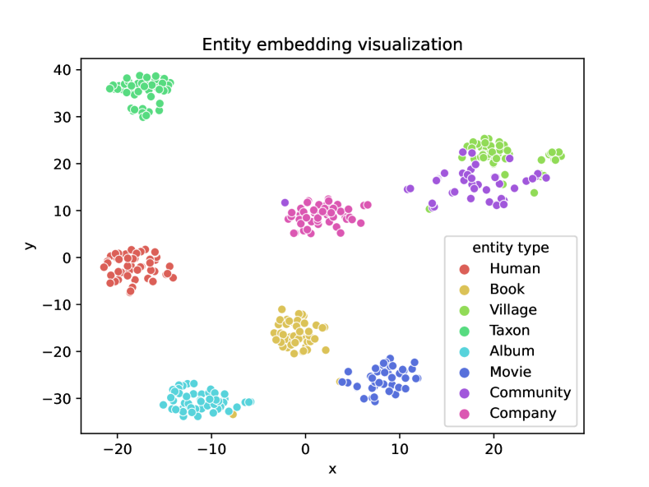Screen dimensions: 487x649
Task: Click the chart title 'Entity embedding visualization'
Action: (x=332, y=44)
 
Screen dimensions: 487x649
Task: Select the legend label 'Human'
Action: (x=514, y=268)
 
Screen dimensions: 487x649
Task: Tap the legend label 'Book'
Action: (x=507, y=289)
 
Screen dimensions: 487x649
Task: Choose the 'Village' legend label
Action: (x=512, y=310)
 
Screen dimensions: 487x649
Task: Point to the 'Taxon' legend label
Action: (x=510, y=331)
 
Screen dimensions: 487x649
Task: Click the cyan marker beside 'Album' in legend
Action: (x=465, y=351)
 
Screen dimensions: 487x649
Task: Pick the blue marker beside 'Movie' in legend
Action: (x=465, y=372)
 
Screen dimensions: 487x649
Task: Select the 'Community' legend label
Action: (x=530, y=392)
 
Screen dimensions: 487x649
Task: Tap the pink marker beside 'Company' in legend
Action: (x=465, y=413)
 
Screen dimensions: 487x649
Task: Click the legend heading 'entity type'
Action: (x=510, y=248)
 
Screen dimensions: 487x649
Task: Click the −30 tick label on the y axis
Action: (x=58, y=398)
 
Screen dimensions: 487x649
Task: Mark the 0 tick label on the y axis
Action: (x=67, y=257)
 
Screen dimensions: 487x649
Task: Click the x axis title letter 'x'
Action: (x=332, y=469)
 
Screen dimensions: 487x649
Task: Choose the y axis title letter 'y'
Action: (x=30, y=245)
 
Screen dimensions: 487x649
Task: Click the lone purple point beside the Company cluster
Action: (x=285, y=202)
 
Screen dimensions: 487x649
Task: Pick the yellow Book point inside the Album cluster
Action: (x=233, y=414)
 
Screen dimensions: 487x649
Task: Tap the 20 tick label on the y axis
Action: (x=63, y=164)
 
